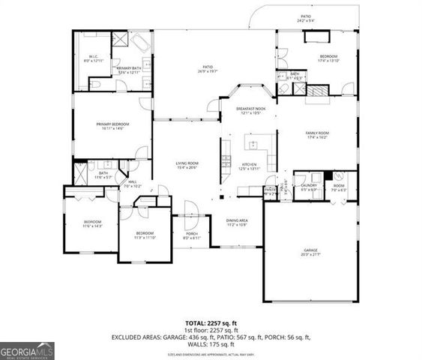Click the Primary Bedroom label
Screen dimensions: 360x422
click(110, 124)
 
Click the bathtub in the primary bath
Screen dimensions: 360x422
click(142, 42)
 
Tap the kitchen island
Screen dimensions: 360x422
click(259, 145)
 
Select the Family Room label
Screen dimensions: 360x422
click(316, 133)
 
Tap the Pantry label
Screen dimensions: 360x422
click(270, 190)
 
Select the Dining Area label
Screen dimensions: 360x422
click(237, 220)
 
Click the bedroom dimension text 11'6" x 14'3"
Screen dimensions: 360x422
click(92, 226)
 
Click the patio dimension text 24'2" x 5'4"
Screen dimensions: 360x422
click(305, 19)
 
